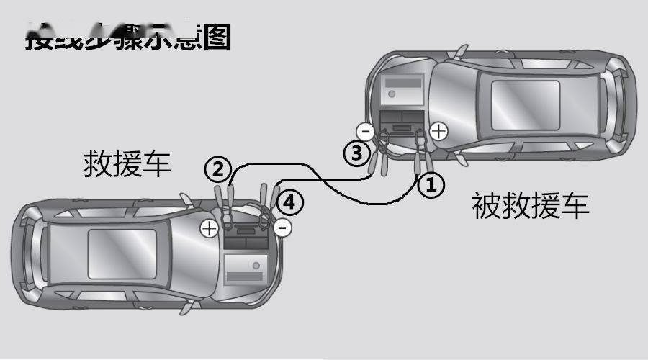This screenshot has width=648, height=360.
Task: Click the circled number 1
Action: pos(429,185)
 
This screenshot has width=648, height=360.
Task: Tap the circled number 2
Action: pos(217,170)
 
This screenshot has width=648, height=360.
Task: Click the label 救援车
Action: pos(127,163)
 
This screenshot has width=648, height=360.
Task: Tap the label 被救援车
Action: pos(530,206)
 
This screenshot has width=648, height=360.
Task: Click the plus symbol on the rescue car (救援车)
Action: pos(209,228)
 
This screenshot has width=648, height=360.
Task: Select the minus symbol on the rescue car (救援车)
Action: pos(283,228)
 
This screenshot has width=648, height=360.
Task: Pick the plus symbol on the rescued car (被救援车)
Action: pos(438,130)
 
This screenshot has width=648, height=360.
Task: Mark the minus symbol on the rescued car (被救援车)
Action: pos(365,131)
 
